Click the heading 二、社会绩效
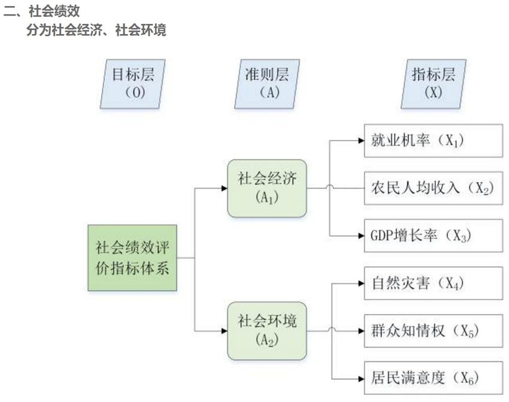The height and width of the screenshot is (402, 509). pyautogui.click(x=41, y=11)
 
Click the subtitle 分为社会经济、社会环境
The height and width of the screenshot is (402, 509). pyautogui.click(x=96, y=31)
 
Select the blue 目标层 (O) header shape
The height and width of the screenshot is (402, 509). pyautogui.click(x=133, y=84)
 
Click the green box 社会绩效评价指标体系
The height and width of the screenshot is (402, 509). pyautogui.click(x=132, y=258)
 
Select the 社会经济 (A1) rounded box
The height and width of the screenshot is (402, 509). pyautogui.click(x=267, y=188)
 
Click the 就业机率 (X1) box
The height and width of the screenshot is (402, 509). pyautogui.click(x=433, y=141)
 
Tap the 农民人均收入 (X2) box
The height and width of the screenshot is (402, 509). pyautogui.click(x=433, y=188)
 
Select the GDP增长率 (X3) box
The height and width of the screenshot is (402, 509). pyautogui.click(x=433, y=235)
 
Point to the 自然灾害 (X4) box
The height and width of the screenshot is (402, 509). pyautogui.click(x=433, y=283)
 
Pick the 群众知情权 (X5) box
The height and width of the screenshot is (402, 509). pyautogui.click(x=433, y=330)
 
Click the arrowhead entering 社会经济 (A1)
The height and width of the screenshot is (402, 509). pyautogui.click(x=224, y=188)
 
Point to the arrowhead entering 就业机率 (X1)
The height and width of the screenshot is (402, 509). pyautogui.click(x=360, y=141)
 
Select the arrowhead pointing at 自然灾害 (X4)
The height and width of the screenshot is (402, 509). pyautogui.click(x=360, y=283)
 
